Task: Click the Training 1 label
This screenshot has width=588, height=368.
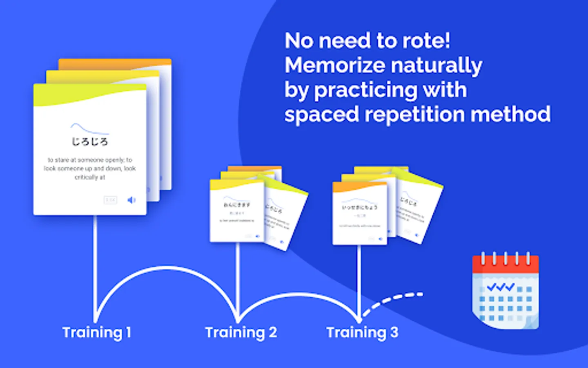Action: [x=97, y=332]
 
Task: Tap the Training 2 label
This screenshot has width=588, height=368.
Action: [x=241, y=332]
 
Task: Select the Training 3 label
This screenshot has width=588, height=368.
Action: [x=362, y=332]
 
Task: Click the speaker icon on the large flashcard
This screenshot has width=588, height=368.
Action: [x=131, y=200]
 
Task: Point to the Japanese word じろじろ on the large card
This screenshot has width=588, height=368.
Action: [x=90, y=142]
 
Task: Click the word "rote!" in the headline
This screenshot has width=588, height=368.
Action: [x=426, y=41]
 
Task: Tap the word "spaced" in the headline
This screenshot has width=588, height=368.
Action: [x=321, y=115]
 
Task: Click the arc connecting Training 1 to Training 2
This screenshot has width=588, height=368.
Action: [x=167, y=268]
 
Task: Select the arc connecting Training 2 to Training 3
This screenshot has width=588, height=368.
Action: [x=298, y=294]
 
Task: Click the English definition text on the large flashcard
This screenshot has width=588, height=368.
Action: [x=90, y=168]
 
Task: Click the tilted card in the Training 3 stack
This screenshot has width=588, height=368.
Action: [x=419, y=211]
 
